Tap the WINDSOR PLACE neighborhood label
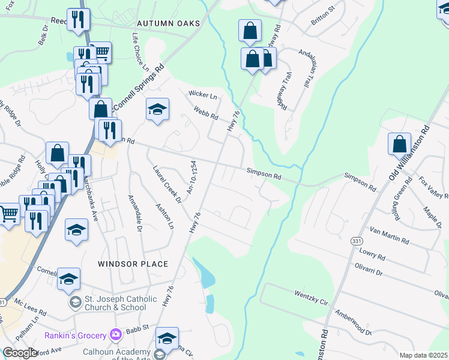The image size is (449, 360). click(133, 264)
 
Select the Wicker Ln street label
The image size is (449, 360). click(202, 95)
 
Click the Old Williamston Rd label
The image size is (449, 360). click(409, 152)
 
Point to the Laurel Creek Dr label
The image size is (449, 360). click(167, 184)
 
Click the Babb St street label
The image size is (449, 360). click(142, 328)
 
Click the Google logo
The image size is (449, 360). click(20, 353)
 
